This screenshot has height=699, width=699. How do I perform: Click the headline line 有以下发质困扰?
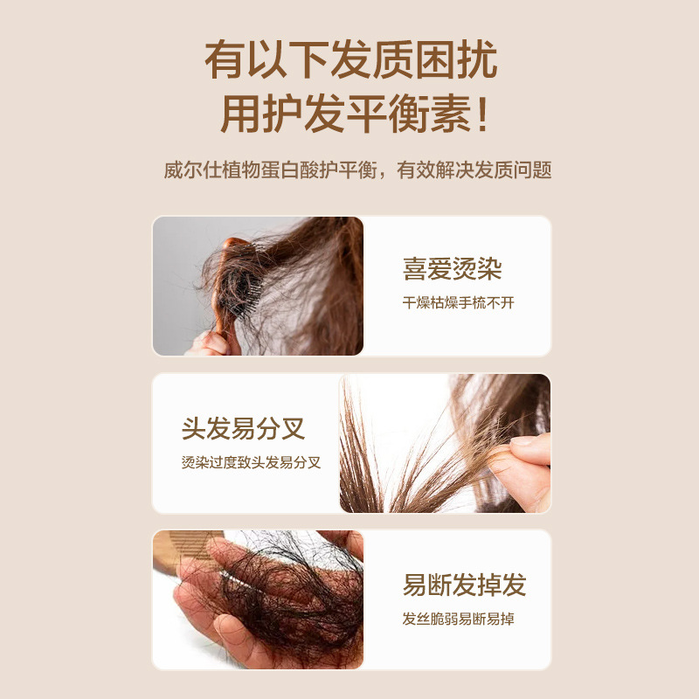coord(351,59)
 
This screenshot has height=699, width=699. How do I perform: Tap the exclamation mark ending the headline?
coord(482,114)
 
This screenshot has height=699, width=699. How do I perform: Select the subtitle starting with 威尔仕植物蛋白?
coord(357,170)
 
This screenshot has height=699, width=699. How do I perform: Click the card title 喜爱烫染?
coord(452,269)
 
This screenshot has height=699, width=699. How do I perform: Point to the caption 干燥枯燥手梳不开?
coord(458,303)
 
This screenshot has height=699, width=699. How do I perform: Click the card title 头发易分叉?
coord(243,429)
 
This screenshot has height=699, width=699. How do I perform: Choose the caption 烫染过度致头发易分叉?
coord(251,463)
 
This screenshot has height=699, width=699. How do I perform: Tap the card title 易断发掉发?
coord(464,585)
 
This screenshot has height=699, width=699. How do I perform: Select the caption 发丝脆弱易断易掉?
coord(458,619)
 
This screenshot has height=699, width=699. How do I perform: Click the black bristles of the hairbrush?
coord(241,290)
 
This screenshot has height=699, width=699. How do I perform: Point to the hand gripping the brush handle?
coord(209,343)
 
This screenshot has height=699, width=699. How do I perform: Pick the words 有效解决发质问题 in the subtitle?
coord(474,170)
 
